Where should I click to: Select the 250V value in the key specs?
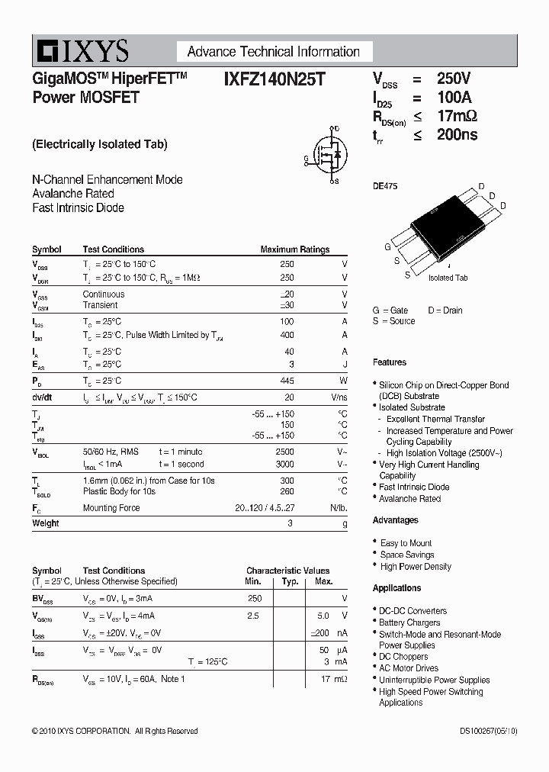pyautogui.click(x=454, y=79)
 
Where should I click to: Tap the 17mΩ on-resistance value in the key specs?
pyautogui.click(x=457, y=116)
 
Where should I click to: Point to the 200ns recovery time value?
pyautogui.click(x=457, y=135)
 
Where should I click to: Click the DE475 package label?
pyautogui.click(x=384, y=186)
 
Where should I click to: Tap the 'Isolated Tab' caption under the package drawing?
pyautogui.click(x=448, y=278)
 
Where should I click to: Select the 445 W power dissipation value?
pyautogui.click(x=287, y=381)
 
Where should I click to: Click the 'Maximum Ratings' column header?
pyautogui.click(x=294, y=249)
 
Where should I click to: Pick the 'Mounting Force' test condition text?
pyautogui.click(x=111, y=508)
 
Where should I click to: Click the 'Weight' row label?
pyautogui.click(x=45, y=523)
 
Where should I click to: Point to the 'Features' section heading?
pyautogui.click(x=390, y=362)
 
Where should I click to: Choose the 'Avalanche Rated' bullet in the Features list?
pyautogui.click(x=409, y=499)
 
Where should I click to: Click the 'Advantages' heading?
pyautogui.click(x=395, y=520)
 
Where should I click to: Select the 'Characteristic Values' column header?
pyautogui.click(x=287, y=571)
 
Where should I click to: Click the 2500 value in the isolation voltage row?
pyautogui.click(x=284, y=452)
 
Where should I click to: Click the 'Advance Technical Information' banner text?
pyautogui.click(x=273, y=52)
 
